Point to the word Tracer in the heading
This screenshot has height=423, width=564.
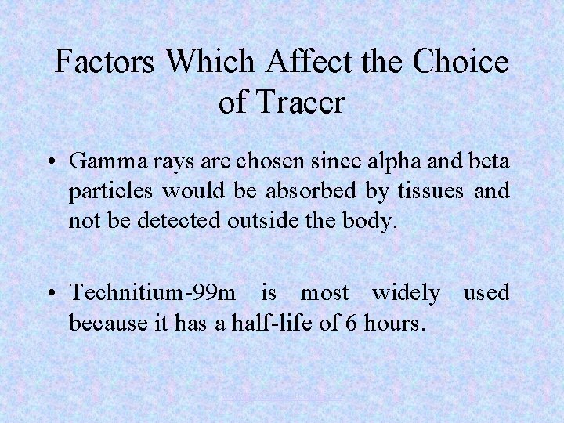pos(302,103)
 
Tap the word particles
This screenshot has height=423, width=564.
pos(112,190)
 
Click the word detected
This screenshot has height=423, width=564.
pos(179,220)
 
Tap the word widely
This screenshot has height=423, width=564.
pos(406,293)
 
